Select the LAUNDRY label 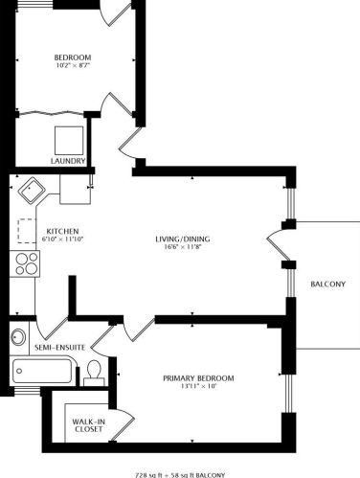pyautogui.click(x=68, y=161)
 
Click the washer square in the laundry pyautogui.click(x=69, y=139)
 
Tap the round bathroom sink pyautogui.click(x=19, y=336)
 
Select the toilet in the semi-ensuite pyautogui.click(x=94, y=372)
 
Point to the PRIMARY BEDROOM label pyautogui.click(x=198, y=377)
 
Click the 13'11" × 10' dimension pyautogui.click(x=198, y=388)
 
